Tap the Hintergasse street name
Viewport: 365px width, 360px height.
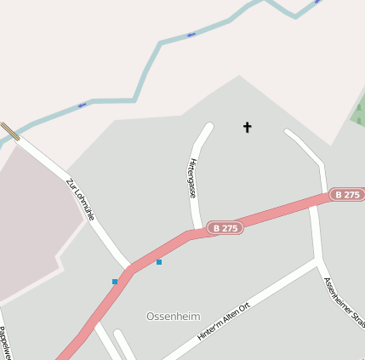coord(193,178)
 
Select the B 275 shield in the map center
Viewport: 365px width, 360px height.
coord(226,228)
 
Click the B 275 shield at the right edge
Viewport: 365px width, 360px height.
coord(347,195)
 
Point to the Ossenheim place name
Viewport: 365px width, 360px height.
coord(173,316)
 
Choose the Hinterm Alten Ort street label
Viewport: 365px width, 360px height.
coord(224,322)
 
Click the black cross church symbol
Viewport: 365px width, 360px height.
coord(248,128)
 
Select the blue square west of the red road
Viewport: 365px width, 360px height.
coord(115,281)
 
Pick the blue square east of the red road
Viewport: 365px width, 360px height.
coord(159,262)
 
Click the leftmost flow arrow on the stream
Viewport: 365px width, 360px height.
coord(82,105)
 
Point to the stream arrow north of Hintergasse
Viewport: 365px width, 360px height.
coord(191,35)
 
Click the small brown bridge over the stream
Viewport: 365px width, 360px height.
coord(10,131)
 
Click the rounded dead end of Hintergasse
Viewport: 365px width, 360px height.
coord(208,128)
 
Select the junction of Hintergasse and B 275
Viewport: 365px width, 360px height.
coord(197,231)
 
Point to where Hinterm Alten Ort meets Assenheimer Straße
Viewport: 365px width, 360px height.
coord(320,259)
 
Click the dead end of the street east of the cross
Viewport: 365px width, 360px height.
coord(288,132)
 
